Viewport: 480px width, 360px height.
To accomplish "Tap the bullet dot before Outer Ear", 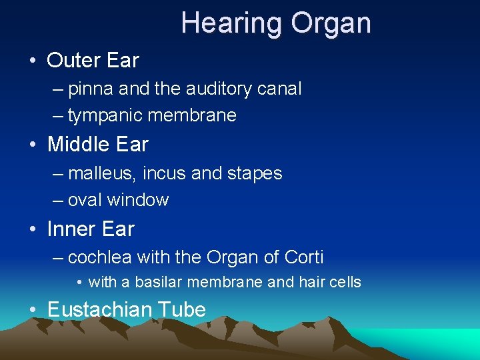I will pos(33,61).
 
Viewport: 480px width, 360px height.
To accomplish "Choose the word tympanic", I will pos(105,115).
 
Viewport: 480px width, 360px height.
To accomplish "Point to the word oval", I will pos(85,200).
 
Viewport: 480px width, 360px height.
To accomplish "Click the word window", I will pos(138,200).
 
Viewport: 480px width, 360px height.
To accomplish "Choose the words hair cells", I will pos(325,283).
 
